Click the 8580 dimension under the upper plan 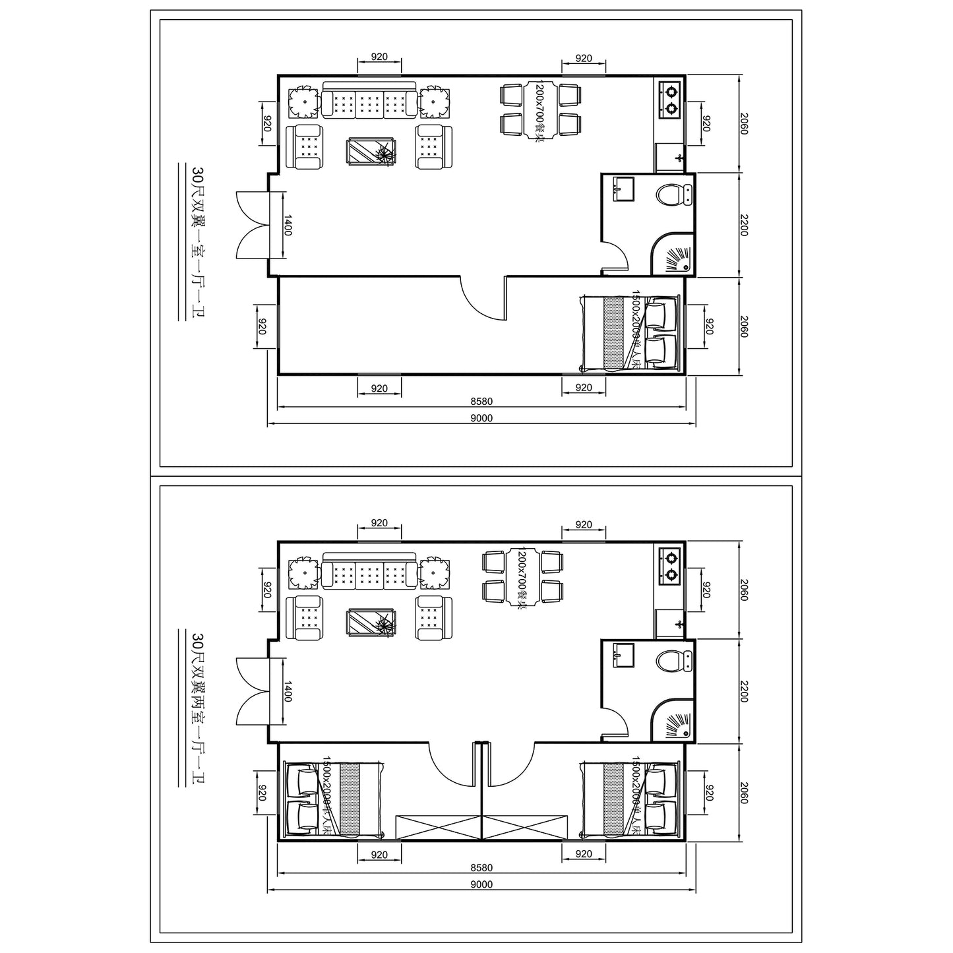(x=481, y=401)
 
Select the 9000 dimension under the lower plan (x=481, y=884)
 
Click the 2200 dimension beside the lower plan (x=744, y=691)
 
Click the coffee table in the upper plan (x=372, y=152)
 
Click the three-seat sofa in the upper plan (x=369, y=102)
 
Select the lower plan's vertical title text (x=196, y=707)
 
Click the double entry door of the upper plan (x=253, y=224)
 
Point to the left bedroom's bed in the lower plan (x=333, y=799)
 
